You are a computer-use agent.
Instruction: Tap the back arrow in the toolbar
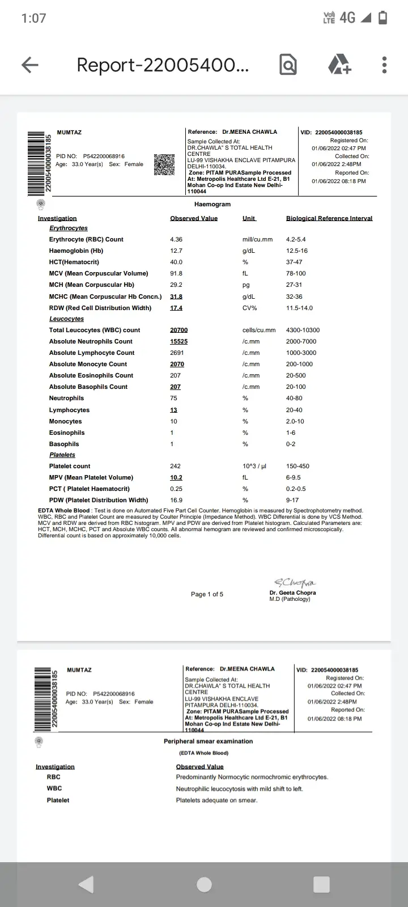pos(30,65)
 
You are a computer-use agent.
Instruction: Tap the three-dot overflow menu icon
pos(384,65)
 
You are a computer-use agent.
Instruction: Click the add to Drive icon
pos(339,65)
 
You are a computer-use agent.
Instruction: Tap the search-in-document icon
pos(288,65)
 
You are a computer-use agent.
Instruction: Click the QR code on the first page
pos(164,164)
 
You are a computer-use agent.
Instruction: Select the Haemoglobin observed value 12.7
pos(176,251)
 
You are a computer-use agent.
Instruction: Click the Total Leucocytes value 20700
pos(178,330)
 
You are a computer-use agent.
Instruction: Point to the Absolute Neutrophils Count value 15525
pos(178,341)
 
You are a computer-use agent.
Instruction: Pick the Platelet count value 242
pos(175,466)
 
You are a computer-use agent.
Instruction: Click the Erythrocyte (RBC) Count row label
pos(86,239)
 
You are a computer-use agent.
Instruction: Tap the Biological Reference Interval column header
pos(329,218)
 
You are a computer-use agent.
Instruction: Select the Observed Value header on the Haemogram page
pos(194,218)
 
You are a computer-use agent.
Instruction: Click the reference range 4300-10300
pos(303,330)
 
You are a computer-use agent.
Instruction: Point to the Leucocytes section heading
pos(66,319)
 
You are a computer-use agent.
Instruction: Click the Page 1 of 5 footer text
pos(207,594)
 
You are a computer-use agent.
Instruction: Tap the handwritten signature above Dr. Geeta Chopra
pos(294,583)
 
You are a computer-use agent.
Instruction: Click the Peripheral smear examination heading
pos(209,741)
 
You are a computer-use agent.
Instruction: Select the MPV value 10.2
pos(176,477)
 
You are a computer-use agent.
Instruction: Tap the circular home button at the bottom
pos(204,884)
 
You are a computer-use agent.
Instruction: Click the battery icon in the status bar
pos(383,18)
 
